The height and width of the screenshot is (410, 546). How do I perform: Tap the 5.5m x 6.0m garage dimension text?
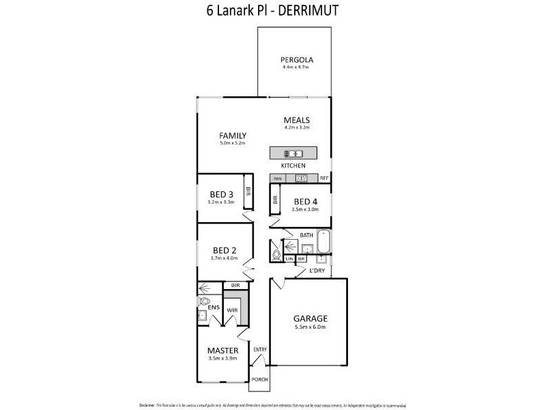click(x=311, y=328)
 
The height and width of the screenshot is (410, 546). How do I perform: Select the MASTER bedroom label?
click(x=222, y=351)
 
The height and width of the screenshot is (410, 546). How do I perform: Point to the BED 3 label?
click(x=221, y=195)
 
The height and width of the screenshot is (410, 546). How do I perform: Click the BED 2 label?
click(x=224, y=250)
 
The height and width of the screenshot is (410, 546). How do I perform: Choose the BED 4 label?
click(x=306, y=202)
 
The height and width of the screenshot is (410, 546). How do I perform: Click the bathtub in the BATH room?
click(x=324, y=242)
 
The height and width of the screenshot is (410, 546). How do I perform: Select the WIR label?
click(x=231, y=311)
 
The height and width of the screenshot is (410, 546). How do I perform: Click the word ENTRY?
click(x=260, y=350)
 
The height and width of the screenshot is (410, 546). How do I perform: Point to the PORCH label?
click(x=259, y=379)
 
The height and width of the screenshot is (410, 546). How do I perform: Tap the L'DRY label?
click(x=317, y=271)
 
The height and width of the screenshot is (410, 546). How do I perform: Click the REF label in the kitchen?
click(x=324, y=178)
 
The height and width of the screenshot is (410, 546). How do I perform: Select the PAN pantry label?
click(x=278, y=178)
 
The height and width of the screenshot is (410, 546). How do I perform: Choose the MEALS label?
click(x=297, y=120)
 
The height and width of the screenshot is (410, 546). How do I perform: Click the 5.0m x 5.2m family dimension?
click(x=232, y=143)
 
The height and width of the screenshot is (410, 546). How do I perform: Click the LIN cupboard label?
click(x=289, y=260)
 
